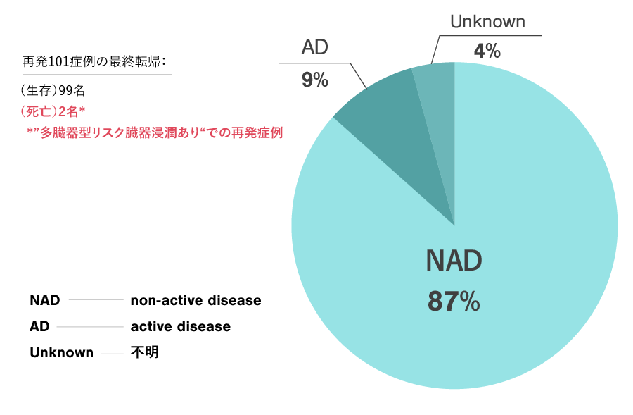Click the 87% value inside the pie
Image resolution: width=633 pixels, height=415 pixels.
tap(454, 302)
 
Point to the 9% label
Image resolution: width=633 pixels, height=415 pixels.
tap(315, 80)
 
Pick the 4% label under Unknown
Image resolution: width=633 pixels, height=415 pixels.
tap(487, 51)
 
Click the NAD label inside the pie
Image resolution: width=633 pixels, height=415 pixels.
tap(454, 261)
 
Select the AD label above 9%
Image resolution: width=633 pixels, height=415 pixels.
tap(315, 47)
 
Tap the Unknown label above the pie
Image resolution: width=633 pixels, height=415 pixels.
tap(487, 22)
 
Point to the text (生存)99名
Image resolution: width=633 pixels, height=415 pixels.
tap(53, 91)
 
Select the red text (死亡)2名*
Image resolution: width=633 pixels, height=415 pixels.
tap(53, 111)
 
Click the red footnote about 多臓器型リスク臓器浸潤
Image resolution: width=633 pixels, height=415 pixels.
tap(155, 132)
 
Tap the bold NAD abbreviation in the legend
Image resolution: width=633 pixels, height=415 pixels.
tap(45, 300)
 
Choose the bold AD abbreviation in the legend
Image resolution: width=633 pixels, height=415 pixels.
tap(39, 326)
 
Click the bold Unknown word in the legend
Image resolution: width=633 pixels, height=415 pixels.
tap(61, 352)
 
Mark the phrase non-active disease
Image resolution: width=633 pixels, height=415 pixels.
tap(196, 300)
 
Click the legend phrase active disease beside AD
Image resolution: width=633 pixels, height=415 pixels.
tap(181, 326)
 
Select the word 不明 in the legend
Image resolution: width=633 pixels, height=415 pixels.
tap(144, 352)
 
